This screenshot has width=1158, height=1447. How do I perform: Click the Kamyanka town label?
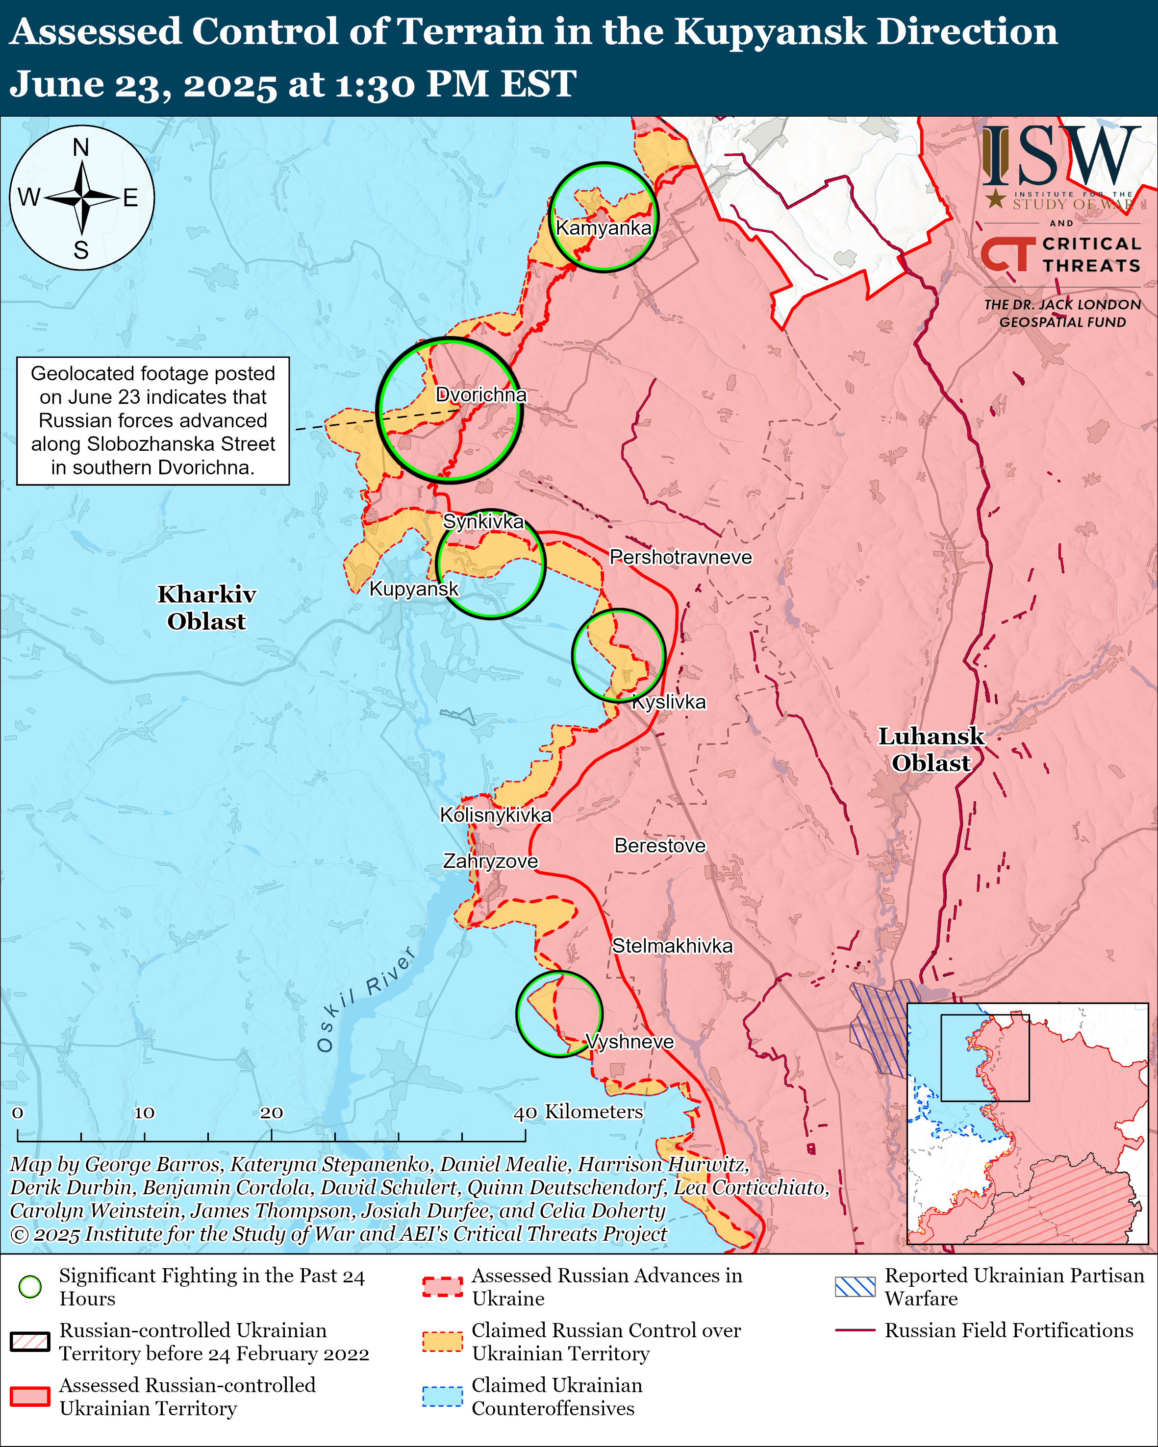pyautogui.click(x=603, y=228)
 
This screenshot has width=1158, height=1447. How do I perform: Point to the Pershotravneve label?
pyautogui.click(x=680, y=557)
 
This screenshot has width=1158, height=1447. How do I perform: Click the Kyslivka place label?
pyautogui.click(x=669, y=702)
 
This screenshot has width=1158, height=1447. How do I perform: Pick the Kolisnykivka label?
pyautogui.click(x=496, y=815)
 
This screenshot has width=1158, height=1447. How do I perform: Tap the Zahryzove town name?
pyautogui.click(x=490, y=861)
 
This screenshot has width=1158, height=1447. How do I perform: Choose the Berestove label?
pyautogui.click(x=660, y=846)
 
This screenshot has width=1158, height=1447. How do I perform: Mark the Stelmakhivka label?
pyautogui.click(x=672, y=946)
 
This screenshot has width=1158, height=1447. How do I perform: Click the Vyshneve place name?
pyautogui.click(x=629, y=1042)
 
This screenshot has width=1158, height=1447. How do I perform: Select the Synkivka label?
pyautogui.click(x=483, y=521)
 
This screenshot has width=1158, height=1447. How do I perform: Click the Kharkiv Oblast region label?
pyautogui.click(x=207, y=608)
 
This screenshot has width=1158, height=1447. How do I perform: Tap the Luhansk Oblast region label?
pyautogui.click(x=931, y=749)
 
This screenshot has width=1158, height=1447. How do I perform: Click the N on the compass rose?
pyautogui.click(x=81, y=147)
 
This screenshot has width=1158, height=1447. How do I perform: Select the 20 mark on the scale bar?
pyautogui.click(x=271, y=1113)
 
